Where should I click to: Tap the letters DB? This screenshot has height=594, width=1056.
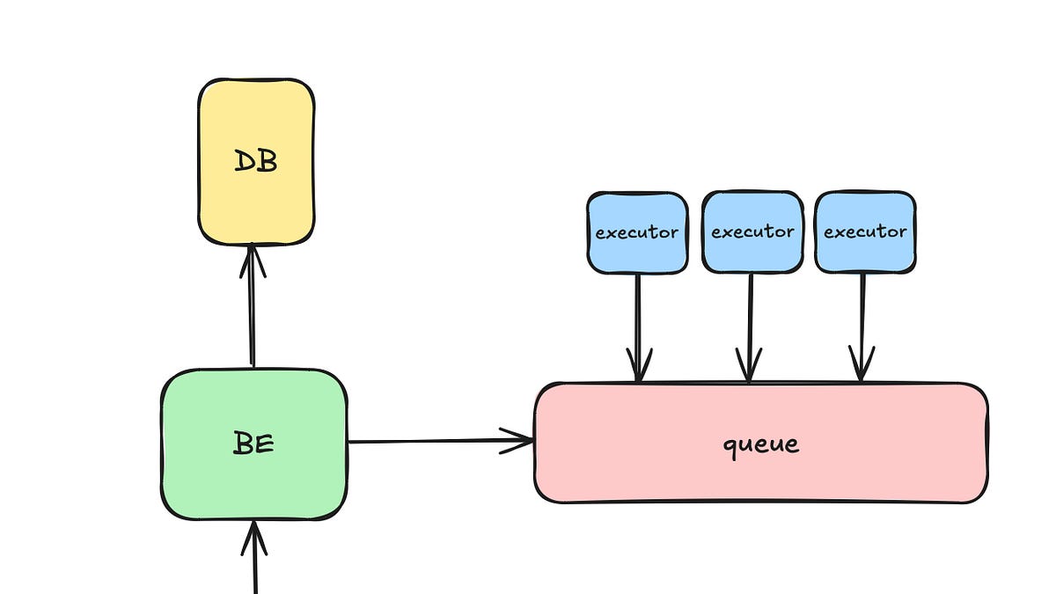(x=256, y=162)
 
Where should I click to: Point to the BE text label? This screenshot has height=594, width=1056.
(x=254, y=444)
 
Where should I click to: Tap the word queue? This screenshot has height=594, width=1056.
(x=761, y=444)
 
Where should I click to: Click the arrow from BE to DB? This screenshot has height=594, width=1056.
(x=253, y=308)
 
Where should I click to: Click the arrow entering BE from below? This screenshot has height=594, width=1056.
(x=255, y=563)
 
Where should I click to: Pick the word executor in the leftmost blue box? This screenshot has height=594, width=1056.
(x=636, y=233)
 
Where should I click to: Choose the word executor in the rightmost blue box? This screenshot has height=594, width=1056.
(x=864, y=232)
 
